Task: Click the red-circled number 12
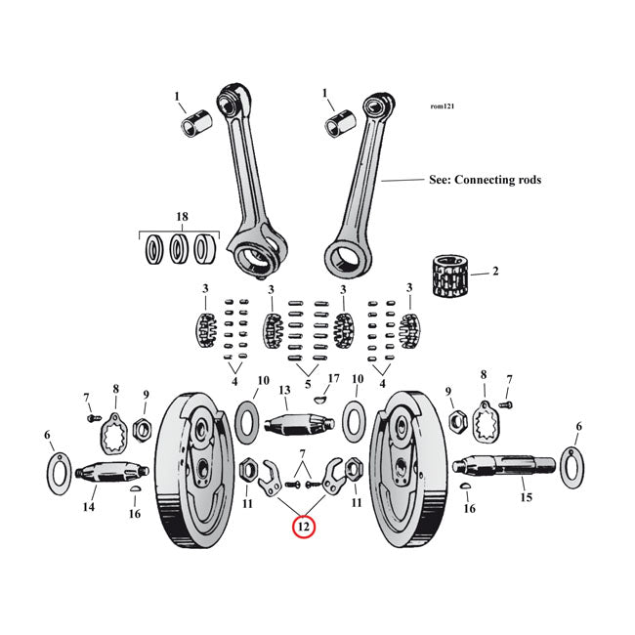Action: [304, 527]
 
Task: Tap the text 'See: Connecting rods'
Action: [485, 180]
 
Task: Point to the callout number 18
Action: [181, 216]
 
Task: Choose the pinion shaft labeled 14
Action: [106, 473]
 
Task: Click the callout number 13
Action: [285, 391]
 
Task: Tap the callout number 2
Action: [494, 271]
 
